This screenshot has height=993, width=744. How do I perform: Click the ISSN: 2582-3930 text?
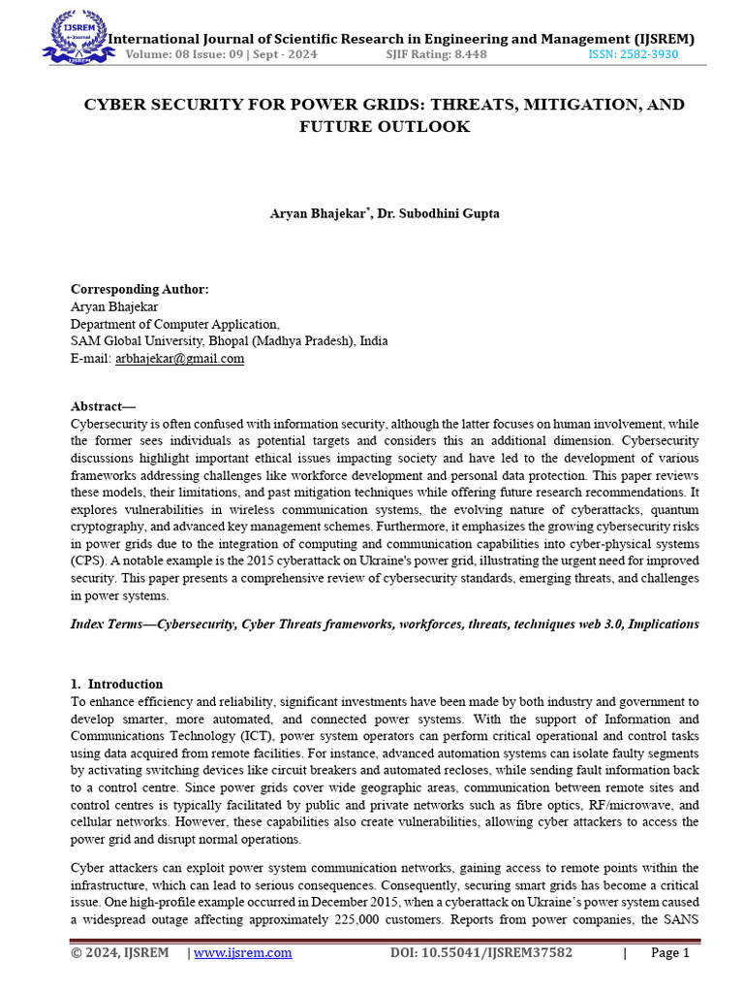(x=633, y=54)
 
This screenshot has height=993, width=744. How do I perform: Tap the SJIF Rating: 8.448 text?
(x=436, y=54)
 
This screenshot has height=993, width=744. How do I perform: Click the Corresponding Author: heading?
(x=139, y=289)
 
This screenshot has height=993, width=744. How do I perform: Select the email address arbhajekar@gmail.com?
(x=179, y=358)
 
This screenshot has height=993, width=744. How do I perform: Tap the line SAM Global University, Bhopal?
(x=229, y=341)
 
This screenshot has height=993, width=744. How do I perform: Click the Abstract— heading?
(x=104, y=406)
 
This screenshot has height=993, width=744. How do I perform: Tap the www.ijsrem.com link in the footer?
(x=242, y=953)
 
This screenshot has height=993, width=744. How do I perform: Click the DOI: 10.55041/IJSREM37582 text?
(x=480, y=953)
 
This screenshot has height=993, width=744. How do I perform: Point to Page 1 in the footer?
(x=669, y=953)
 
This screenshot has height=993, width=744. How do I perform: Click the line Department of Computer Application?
(x=175, y=324)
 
